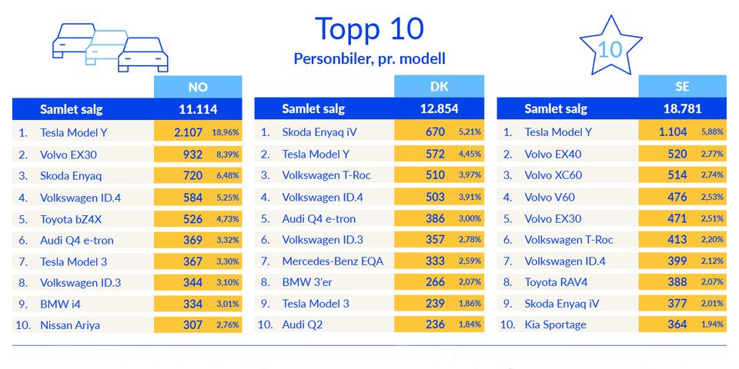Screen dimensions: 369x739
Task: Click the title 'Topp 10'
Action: (x=369, y=28)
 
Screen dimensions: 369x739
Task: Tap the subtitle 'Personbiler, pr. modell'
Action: (x=369, y=58)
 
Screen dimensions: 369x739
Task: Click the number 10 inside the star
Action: (x=610, y=49)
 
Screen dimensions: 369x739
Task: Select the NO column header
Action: (x=198, y=87)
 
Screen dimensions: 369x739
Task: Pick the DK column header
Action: (x=440, y=87)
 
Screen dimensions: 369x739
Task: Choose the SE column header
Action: (x=682, y=87)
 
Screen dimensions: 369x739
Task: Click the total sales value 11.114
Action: (x=198, y=109)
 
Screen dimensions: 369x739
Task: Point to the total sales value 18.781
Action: (x=682, y=109)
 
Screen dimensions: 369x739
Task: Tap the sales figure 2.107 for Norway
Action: (x=188, y=132)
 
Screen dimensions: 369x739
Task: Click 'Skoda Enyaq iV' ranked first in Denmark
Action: (x=319, y=132)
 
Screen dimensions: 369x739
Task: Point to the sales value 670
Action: (x=435, y=132)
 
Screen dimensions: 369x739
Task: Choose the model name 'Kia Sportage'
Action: (x=555, y=324)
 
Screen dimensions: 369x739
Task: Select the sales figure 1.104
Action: (x=673, y=132)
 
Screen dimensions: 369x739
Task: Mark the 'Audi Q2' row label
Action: (x=303, y=324)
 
